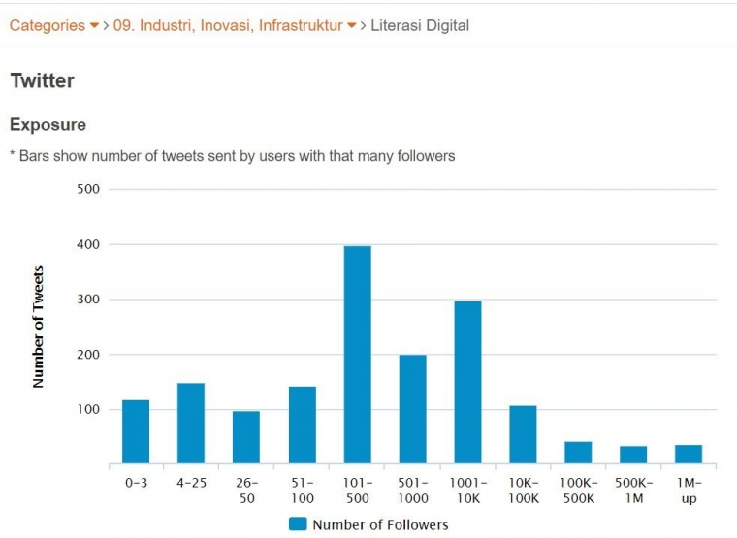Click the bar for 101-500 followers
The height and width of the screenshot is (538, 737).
(357, 355)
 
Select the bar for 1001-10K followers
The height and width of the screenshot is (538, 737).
(467, 382)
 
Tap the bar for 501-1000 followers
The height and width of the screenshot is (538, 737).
(412, 409)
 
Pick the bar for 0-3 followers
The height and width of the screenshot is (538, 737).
(136, 431)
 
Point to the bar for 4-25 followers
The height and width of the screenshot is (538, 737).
(191, 424)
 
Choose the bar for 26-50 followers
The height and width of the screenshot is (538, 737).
(246, 437)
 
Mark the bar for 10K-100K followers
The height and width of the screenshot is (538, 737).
(523, 434)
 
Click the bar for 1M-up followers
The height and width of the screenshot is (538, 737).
(689, 454)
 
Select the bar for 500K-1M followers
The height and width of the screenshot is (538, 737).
(633, 455)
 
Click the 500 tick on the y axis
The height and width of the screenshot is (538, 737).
(88, 189)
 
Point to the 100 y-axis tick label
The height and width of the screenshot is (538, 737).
(88, 410)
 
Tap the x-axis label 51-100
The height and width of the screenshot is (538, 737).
(302, 491)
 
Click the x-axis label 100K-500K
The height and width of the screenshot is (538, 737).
(578, 491)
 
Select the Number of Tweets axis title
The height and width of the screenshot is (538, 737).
(39, 327)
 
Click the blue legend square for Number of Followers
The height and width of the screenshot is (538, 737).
(298, 524)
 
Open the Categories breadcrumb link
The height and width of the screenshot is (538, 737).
(47, 25)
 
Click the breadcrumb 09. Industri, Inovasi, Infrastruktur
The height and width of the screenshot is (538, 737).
(227, 25)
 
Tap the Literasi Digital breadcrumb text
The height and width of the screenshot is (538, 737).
(420, 25)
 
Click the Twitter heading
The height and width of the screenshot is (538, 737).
(42, 80)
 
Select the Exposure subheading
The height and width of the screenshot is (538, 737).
(48, 125)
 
